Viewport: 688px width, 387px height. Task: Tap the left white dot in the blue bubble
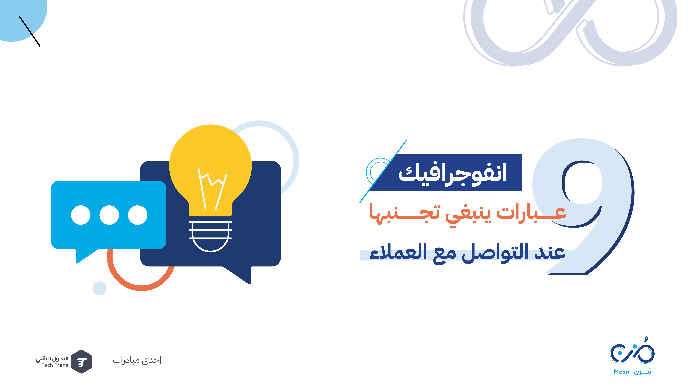coord(81,215)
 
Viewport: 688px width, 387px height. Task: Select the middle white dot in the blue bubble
coord(109,215)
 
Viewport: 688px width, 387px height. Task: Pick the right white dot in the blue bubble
coord(138,215)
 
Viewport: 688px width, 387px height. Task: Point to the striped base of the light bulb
coord(210,236)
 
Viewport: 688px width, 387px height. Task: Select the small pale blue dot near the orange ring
coord(99,288)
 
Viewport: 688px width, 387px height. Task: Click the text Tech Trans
coord(55,365)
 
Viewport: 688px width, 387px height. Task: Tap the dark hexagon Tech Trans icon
coord(81,362)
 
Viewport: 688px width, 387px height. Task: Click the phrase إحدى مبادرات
coord(137,360)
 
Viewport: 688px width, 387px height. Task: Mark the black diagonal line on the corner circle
coord(30,31)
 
